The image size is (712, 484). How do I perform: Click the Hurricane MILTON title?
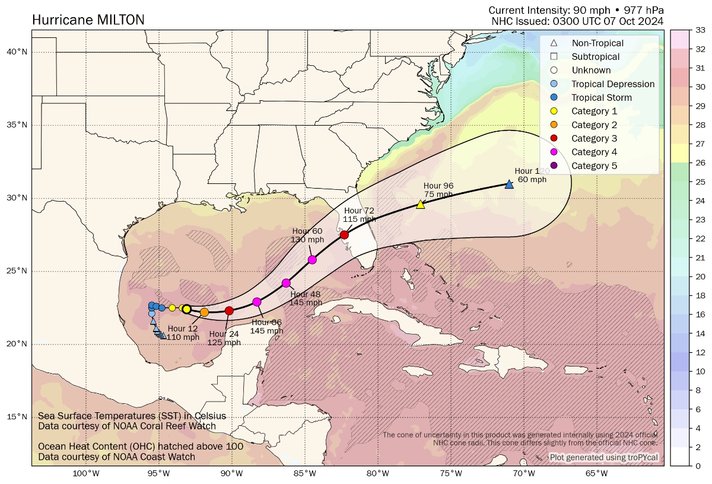pyautogui.click(x=88, y=20)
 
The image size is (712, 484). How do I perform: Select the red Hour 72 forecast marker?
pyautogui.click(x=344, y=235)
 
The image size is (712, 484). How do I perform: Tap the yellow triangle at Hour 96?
pyautogui.click(x=421, y=204)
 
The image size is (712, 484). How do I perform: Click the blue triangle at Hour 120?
pyautogui.click(x=509, y=184)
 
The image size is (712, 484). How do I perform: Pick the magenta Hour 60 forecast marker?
pyautogui.click(x=312, y=260)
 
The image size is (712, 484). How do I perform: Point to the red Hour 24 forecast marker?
pyautogui.click(x=229, y=311)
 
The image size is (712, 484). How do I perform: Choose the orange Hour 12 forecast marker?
pyautogui.click(x=204, y=312)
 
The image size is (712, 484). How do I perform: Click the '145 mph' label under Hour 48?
pyautogui.click(x=306, y=302)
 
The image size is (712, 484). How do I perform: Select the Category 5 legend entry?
pyautogui.click(x=594, y=165)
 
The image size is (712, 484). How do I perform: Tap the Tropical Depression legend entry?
pyautogui.click(x=613, y=84)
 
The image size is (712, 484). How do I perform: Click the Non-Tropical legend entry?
pyautogui.click(x=597, y=43)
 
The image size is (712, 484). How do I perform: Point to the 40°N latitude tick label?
pyautogui.click(x=17, y=52)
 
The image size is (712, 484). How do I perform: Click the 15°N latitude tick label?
pyautogui.click(x=17, y=417)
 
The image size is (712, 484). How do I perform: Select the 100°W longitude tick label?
pyautogui.click(x=86, y=473)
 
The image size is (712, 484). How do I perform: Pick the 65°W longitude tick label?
pyautogui.click(x=596, y=473)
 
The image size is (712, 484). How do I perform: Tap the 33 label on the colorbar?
pyautogui.click(x=700, y=30)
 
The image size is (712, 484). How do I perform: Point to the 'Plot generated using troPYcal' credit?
pyautogui.click(x=603, y=457)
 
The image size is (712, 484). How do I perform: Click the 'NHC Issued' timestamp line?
pyautogui.click(x=577, y=21)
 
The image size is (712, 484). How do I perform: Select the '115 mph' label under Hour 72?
pyautogui.click(x=359, y=219)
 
